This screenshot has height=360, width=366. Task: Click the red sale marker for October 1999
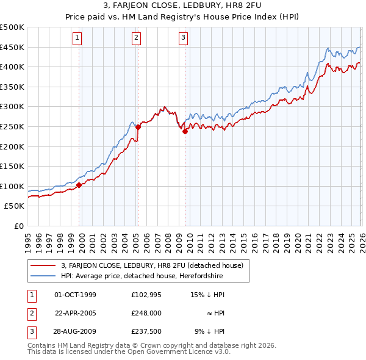(x=79, y=185)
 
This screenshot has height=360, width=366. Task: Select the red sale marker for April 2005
(x=138, y=127)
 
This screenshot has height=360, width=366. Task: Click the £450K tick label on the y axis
(x=12, y=47)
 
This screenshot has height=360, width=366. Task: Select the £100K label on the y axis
(x=12, y=186)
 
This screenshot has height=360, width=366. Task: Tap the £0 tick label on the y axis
(x=18, y=226)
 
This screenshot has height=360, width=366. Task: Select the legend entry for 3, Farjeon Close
(x=152, y=265)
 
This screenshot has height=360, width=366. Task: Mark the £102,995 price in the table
(x=145, y=295)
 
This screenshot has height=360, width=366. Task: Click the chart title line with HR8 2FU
(x=183, y=6)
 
